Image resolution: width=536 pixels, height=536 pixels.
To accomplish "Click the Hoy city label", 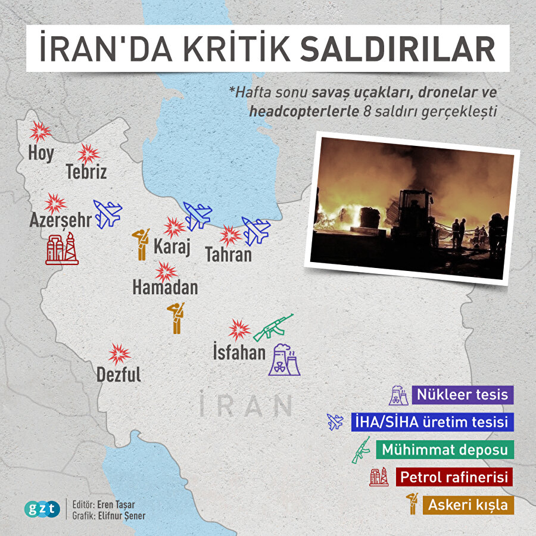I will (40, 153).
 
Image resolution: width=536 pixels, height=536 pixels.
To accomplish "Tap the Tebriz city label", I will (86, 172).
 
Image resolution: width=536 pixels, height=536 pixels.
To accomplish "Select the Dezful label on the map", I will (119, 375).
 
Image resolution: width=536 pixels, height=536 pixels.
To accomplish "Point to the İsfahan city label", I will (239, 352).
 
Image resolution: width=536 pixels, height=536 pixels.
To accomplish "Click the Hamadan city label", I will (165, 288).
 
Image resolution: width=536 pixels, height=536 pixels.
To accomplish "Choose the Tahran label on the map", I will (228, 255).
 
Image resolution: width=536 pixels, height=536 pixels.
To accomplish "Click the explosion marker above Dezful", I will (120, 354).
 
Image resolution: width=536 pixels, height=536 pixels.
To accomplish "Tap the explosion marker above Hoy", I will (40, 131).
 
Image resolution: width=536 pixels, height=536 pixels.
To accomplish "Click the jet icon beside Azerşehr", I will (108, 214).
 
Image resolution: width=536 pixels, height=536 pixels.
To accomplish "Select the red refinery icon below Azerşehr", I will (62, 249).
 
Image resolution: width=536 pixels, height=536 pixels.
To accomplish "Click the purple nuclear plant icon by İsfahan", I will (284, 359).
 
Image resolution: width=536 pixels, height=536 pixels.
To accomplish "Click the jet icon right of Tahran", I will (255, 231).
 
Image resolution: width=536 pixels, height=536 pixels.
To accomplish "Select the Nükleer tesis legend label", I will (462, 394).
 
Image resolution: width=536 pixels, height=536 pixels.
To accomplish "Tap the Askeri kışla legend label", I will (468, 505).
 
